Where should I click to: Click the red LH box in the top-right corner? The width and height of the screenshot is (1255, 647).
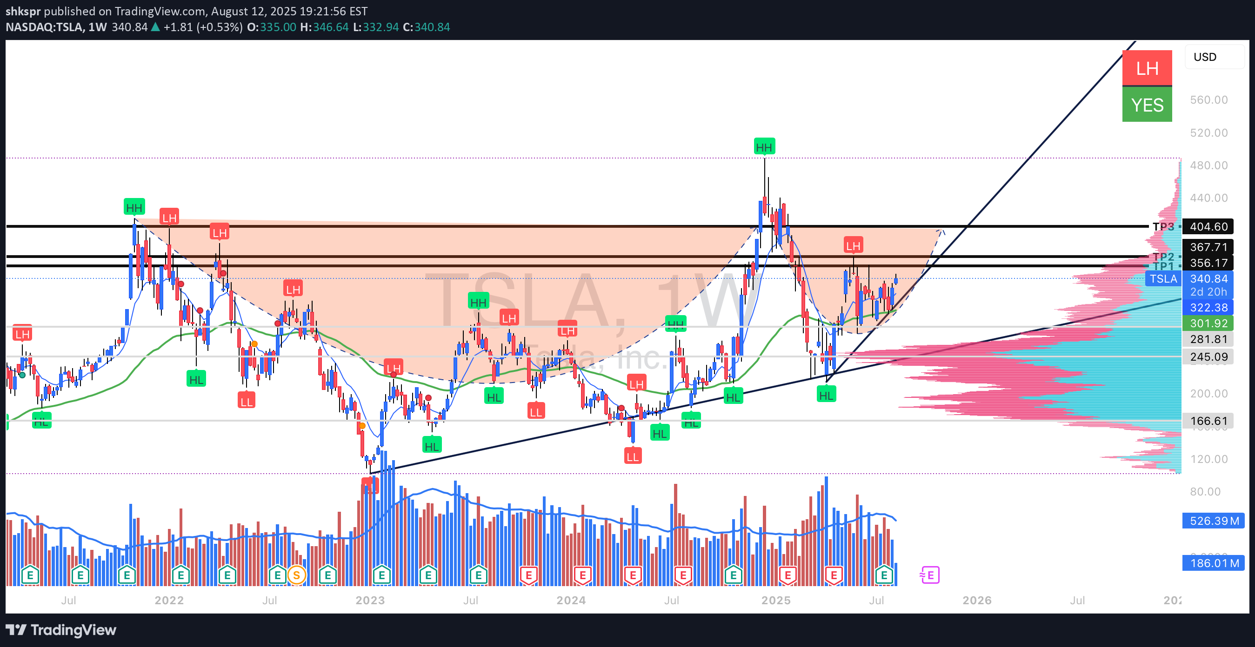click(x=1147, y=68)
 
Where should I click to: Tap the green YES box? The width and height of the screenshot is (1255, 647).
click(x=1147, y=105)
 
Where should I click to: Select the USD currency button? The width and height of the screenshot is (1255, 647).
click(x=1205, y=57)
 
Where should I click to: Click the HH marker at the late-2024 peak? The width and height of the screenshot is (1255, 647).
click(x=763, y=147)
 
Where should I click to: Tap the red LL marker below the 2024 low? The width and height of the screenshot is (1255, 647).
click(x=632, y=456)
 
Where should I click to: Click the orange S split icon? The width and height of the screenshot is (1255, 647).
click(x=296, y=575)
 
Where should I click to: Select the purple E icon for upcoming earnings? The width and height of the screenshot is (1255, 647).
click(x=930, y=575)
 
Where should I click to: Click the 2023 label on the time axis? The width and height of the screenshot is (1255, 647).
click(x=370, y=600)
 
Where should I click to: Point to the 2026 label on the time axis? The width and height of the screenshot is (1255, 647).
click(x=977, y=600)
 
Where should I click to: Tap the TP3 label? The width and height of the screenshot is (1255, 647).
click(x=1163, y=226)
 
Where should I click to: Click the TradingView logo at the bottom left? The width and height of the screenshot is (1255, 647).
click(x=61, y=630)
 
